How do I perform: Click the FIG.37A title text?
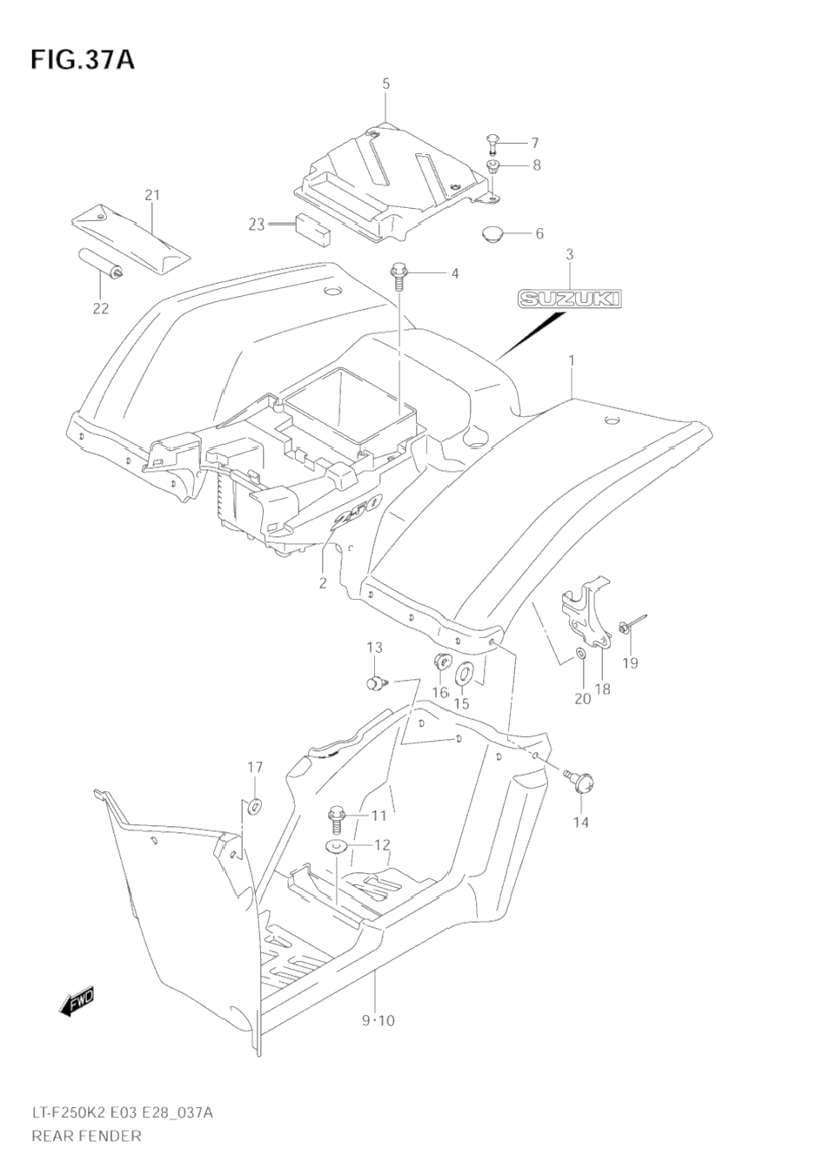[83, 60]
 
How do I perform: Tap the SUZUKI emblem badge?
[571, 299]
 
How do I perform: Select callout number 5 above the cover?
[385, 84]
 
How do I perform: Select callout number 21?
[152, 195]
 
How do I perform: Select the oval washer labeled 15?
[464, 673]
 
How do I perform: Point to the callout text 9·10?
[378, 1020]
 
